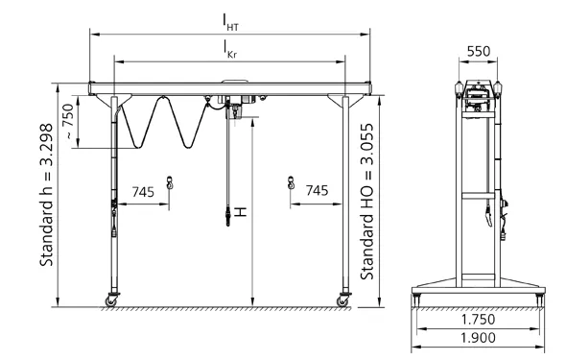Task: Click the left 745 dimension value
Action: click(145, 192)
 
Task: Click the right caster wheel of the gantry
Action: click(342, 300)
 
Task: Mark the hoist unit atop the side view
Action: click(477, 92)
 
